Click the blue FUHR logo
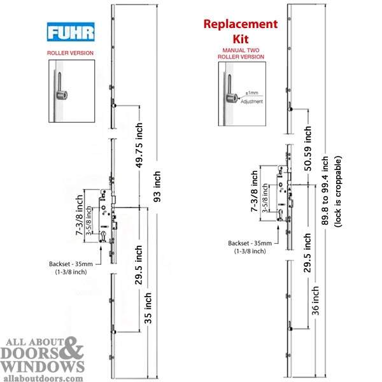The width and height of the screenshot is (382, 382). [71, 32]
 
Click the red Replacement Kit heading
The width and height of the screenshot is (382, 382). [241, 31]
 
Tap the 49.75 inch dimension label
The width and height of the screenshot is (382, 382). [139, 145]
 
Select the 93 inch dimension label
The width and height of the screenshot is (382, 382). [157, 187]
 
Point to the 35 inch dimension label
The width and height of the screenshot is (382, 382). [148, 308]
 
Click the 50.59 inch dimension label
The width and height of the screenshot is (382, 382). [308, 148]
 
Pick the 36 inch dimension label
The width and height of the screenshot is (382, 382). [315, 301]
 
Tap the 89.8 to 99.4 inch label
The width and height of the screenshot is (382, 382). [325, 190]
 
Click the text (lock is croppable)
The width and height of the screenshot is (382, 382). [338, 192]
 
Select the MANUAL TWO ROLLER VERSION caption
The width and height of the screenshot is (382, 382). [241, 53]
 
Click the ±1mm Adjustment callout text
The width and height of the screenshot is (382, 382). [251, 97]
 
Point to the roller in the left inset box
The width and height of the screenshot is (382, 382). [62, 95]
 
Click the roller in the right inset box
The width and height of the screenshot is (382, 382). [232, 97]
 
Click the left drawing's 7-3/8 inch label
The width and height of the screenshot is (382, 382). [80, 215]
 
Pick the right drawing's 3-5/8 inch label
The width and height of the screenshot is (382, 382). [265, 198]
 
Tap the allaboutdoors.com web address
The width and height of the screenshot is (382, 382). [43, 378]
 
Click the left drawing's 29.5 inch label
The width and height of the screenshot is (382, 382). [139, 265]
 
